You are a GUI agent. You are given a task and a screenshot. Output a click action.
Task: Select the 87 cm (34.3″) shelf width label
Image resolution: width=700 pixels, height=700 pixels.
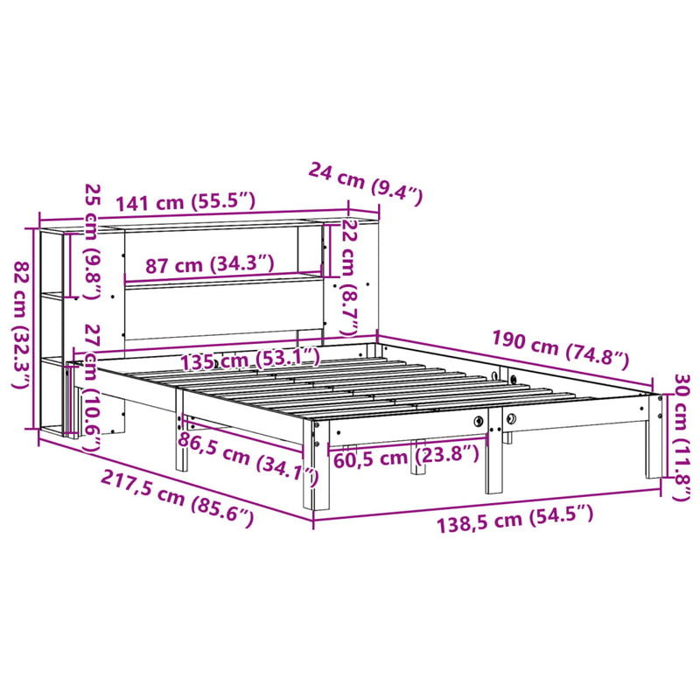pyautogui.click(x=199, y=264)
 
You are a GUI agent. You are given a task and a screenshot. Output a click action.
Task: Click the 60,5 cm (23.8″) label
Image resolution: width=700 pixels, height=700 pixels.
pyautogui.click(x=405, y=454)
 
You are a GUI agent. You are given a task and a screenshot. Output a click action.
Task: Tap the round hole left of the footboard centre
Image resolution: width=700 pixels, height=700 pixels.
pyautogui.click(x=478, y=422)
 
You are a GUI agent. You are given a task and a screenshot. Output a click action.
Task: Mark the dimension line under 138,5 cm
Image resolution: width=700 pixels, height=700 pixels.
pyautogui.click(x=486, y=506)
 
